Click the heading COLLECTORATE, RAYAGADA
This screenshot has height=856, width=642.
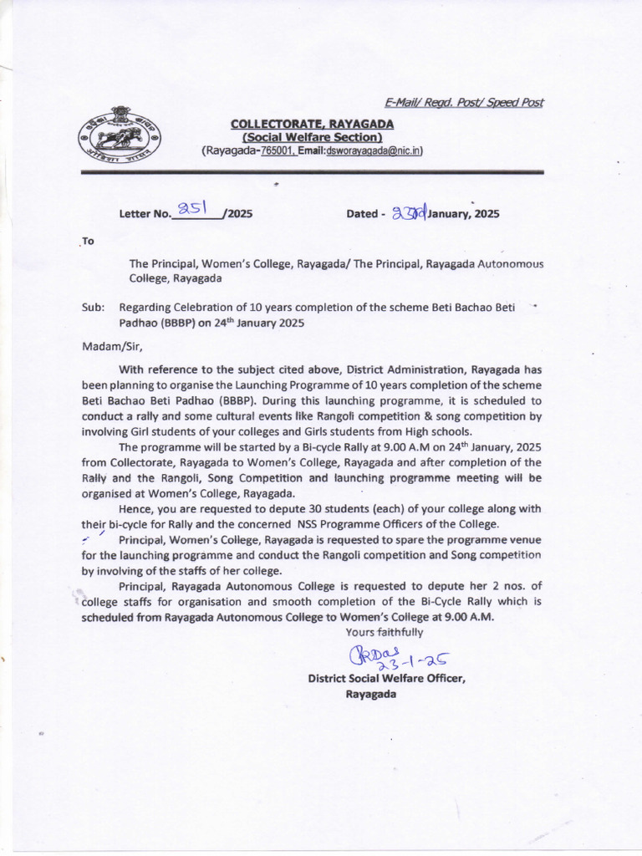[x=312, y=124]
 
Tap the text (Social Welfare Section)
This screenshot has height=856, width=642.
[x=312, y=137]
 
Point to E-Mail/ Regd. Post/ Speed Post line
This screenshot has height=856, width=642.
[x=463, y=103]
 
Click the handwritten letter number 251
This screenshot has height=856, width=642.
[x=193, y=209]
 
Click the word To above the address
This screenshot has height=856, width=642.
[x=88, y=241]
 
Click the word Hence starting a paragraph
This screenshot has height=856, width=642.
[x=135, y=509]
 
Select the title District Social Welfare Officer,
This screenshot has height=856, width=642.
[x=386, y=679]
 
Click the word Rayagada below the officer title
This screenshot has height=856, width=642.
[x=370, y=694]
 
